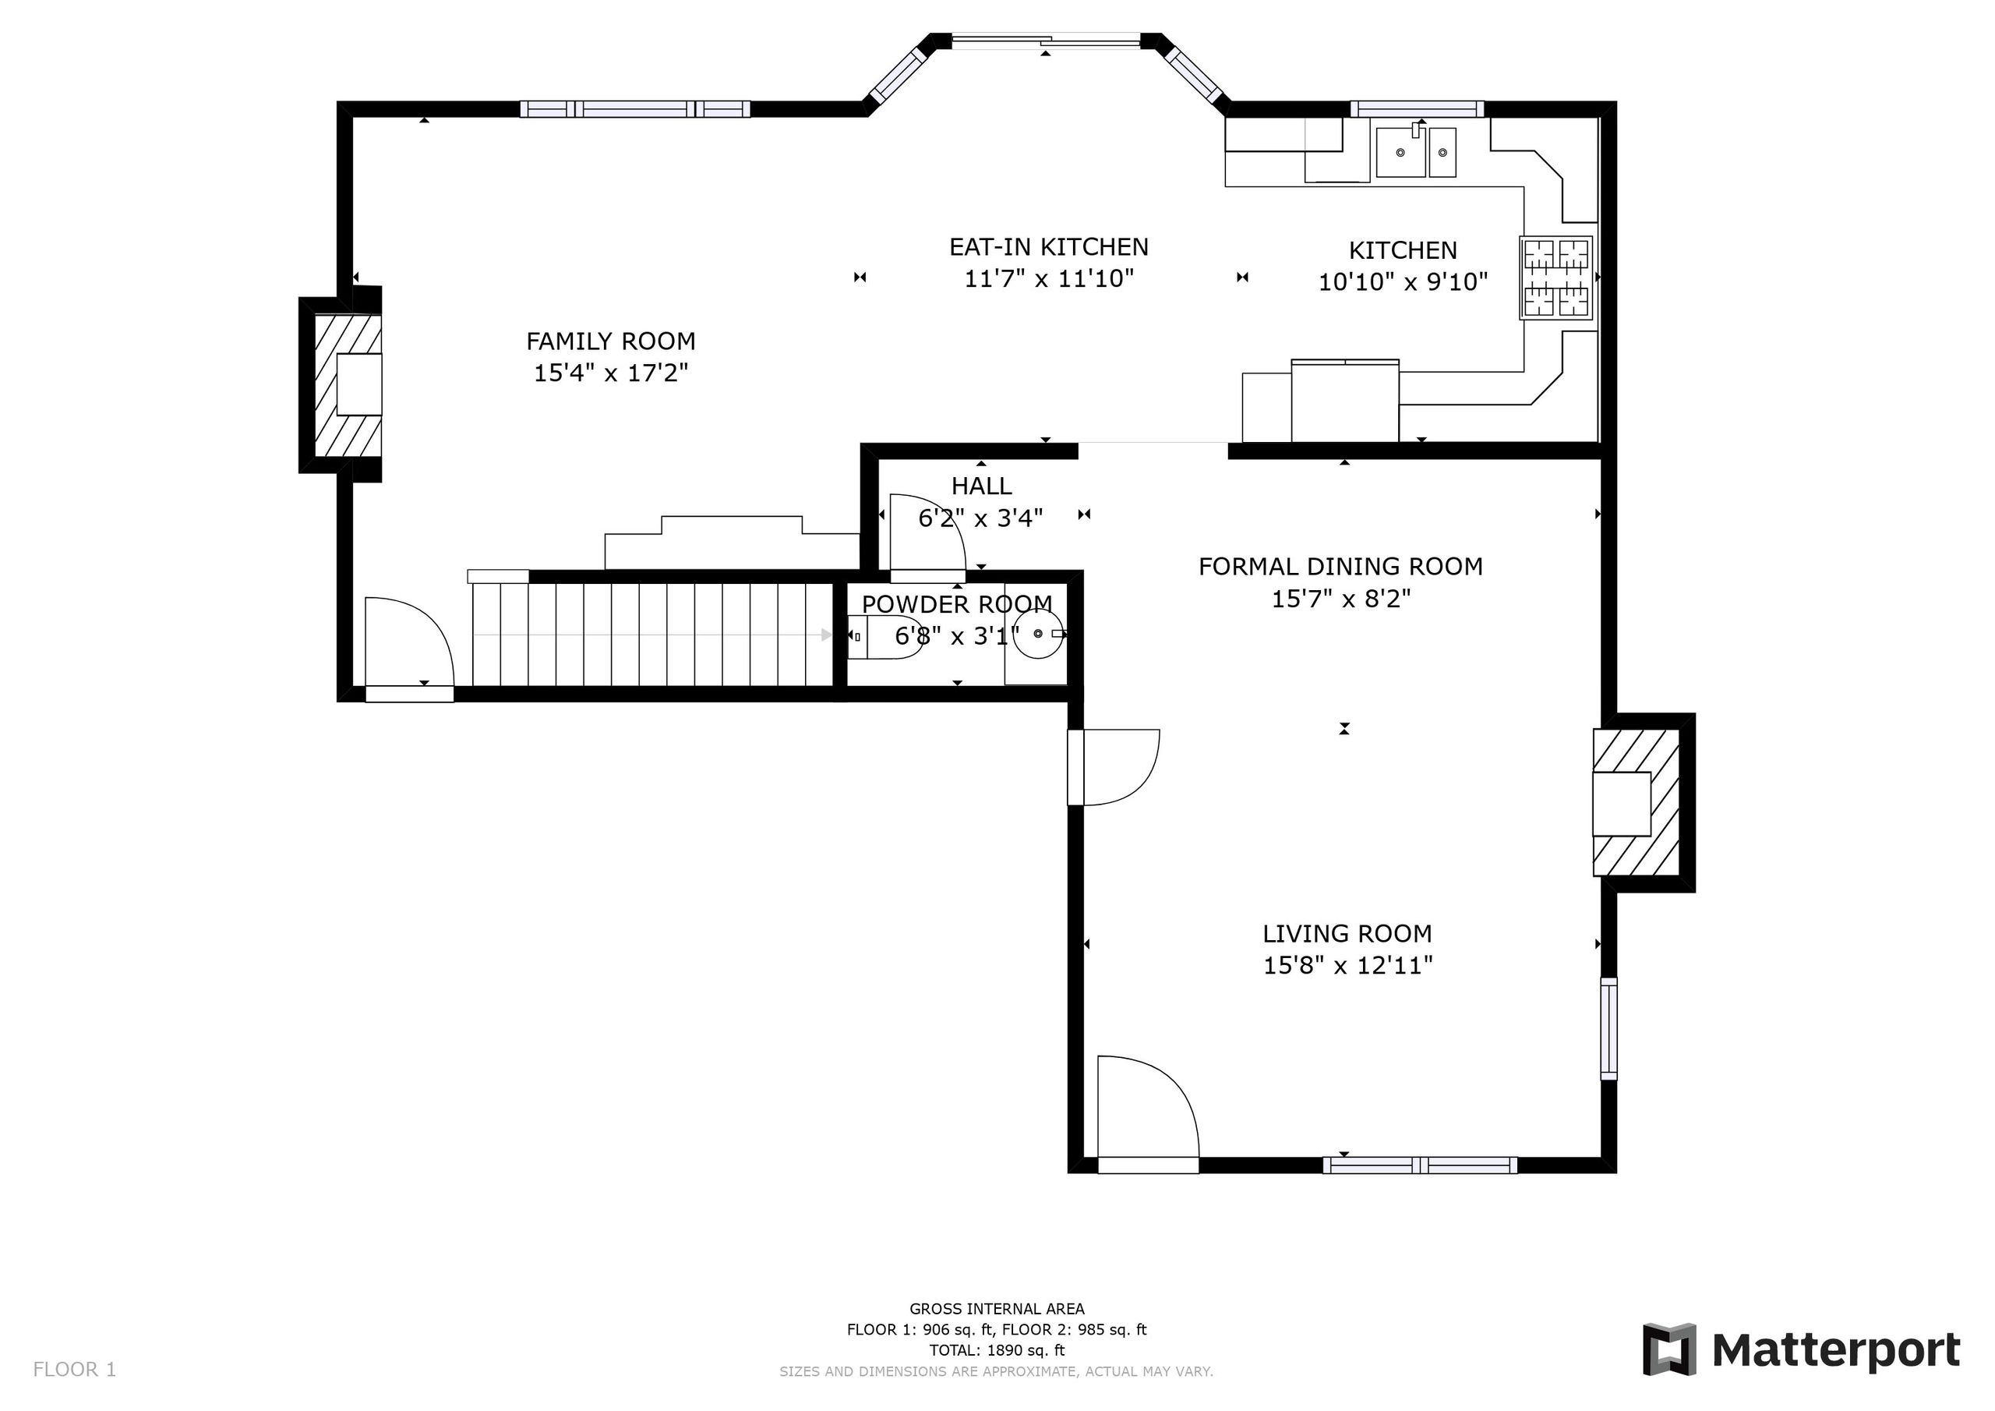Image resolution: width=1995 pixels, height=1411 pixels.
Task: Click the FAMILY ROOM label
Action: pos(611,341)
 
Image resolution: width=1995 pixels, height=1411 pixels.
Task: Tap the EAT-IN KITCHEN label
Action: pos(1049,247)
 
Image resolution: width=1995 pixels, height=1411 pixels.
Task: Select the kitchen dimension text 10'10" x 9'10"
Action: pos(1404,281)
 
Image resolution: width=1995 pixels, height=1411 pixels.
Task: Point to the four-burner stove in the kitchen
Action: pos(1556,278)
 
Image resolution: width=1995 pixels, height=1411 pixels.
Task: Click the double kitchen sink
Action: pos(1416,151)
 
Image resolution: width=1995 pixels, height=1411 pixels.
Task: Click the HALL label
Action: pos(981,486)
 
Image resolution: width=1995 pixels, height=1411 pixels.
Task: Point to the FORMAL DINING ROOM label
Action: pos(1340,567)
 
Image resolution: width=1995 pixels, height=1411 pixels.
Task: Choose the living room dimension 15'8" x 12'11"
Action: pos(1347,966)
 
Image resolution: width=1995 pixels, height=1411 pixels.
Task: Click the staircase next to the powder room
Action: pos(652,635)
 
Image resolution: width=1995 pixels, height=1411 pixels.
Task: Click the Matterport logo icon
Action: pos(1669,1350)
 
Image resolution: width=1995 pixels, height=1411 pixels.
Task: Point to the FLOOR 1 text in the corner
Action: pos(74,1369)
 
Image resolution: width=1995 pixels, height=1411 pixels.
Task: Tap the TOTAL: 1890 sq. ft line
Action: pos(997,1350)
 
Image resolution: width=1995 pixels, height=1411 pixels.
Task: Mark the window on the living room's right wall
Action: pos(1608,1028)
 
